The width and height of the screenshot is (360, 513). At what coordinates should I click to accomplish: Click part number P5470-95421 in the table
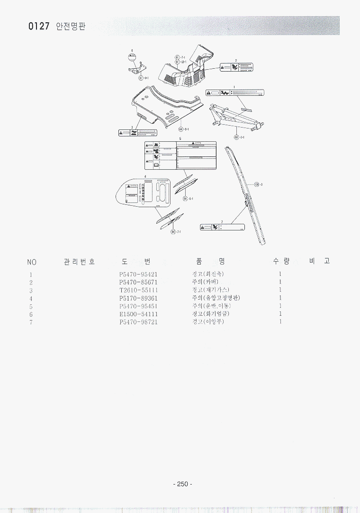pos(138,274)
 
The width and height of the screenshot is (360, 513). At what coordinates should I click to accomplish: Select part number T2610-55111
pos(138,290)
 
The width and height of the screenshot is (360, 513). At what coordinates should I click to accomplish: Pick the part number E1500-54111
pos(138,314)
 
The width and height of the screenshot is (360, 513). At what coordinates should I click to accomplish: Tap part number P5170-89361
pos(138,298)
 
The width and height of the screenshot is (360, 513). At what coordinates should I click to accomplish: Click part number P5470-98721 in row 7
pos(138,322)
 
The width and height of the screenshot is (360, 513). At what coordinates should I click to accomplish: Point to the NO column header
pos(32,262)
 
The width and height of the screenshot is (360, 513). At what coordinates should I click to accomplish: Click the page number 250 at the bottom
pos(182,484)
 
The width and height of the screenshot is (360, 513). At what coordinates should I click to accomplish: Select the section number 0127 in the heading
pos(39,27)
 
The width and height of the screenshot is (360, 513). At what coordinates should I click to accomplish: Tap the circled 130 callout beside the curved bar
pos(257,184)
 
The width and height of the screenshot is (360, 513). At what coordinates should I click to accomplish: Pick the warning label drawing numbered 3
pos(137,133)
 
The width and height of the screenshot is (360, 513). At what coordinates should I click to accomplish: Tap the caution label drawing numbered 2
pos(236,67)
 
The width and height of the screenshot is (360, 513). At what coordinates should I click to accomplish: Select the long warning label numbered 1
pos(234,93)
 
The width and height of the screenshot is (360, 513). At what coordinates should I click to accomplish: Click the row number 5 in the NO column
pos(31,306)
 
